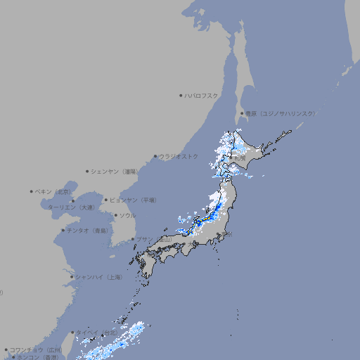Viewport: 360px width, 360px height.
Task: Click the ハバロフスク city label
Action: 202,95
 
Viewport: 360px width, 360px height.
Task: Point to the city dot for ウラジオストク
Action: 155,156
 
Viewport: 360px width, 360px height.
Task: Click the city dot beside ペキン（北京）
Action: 32,191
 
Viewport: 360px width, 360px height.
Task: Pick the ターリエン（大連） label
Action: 71,207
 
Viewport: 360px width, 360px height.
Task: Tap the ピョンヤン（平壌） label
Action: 134,200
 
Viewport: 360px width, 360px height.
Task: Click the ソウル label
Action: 127,215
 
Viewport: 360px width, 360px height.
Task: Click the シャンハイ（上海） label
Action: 98,277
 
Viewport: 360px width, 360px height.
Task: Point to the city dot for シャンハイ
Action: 72,277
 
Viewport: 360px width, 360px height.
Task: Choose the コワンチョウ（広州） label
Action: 35,349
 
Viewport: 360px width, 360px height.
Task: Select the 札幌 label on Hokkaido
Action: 240,157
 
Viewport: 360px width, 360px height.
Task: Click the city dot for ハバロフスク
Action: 181,95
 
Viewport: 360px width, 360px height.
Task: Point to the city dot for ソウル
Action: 115,215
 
